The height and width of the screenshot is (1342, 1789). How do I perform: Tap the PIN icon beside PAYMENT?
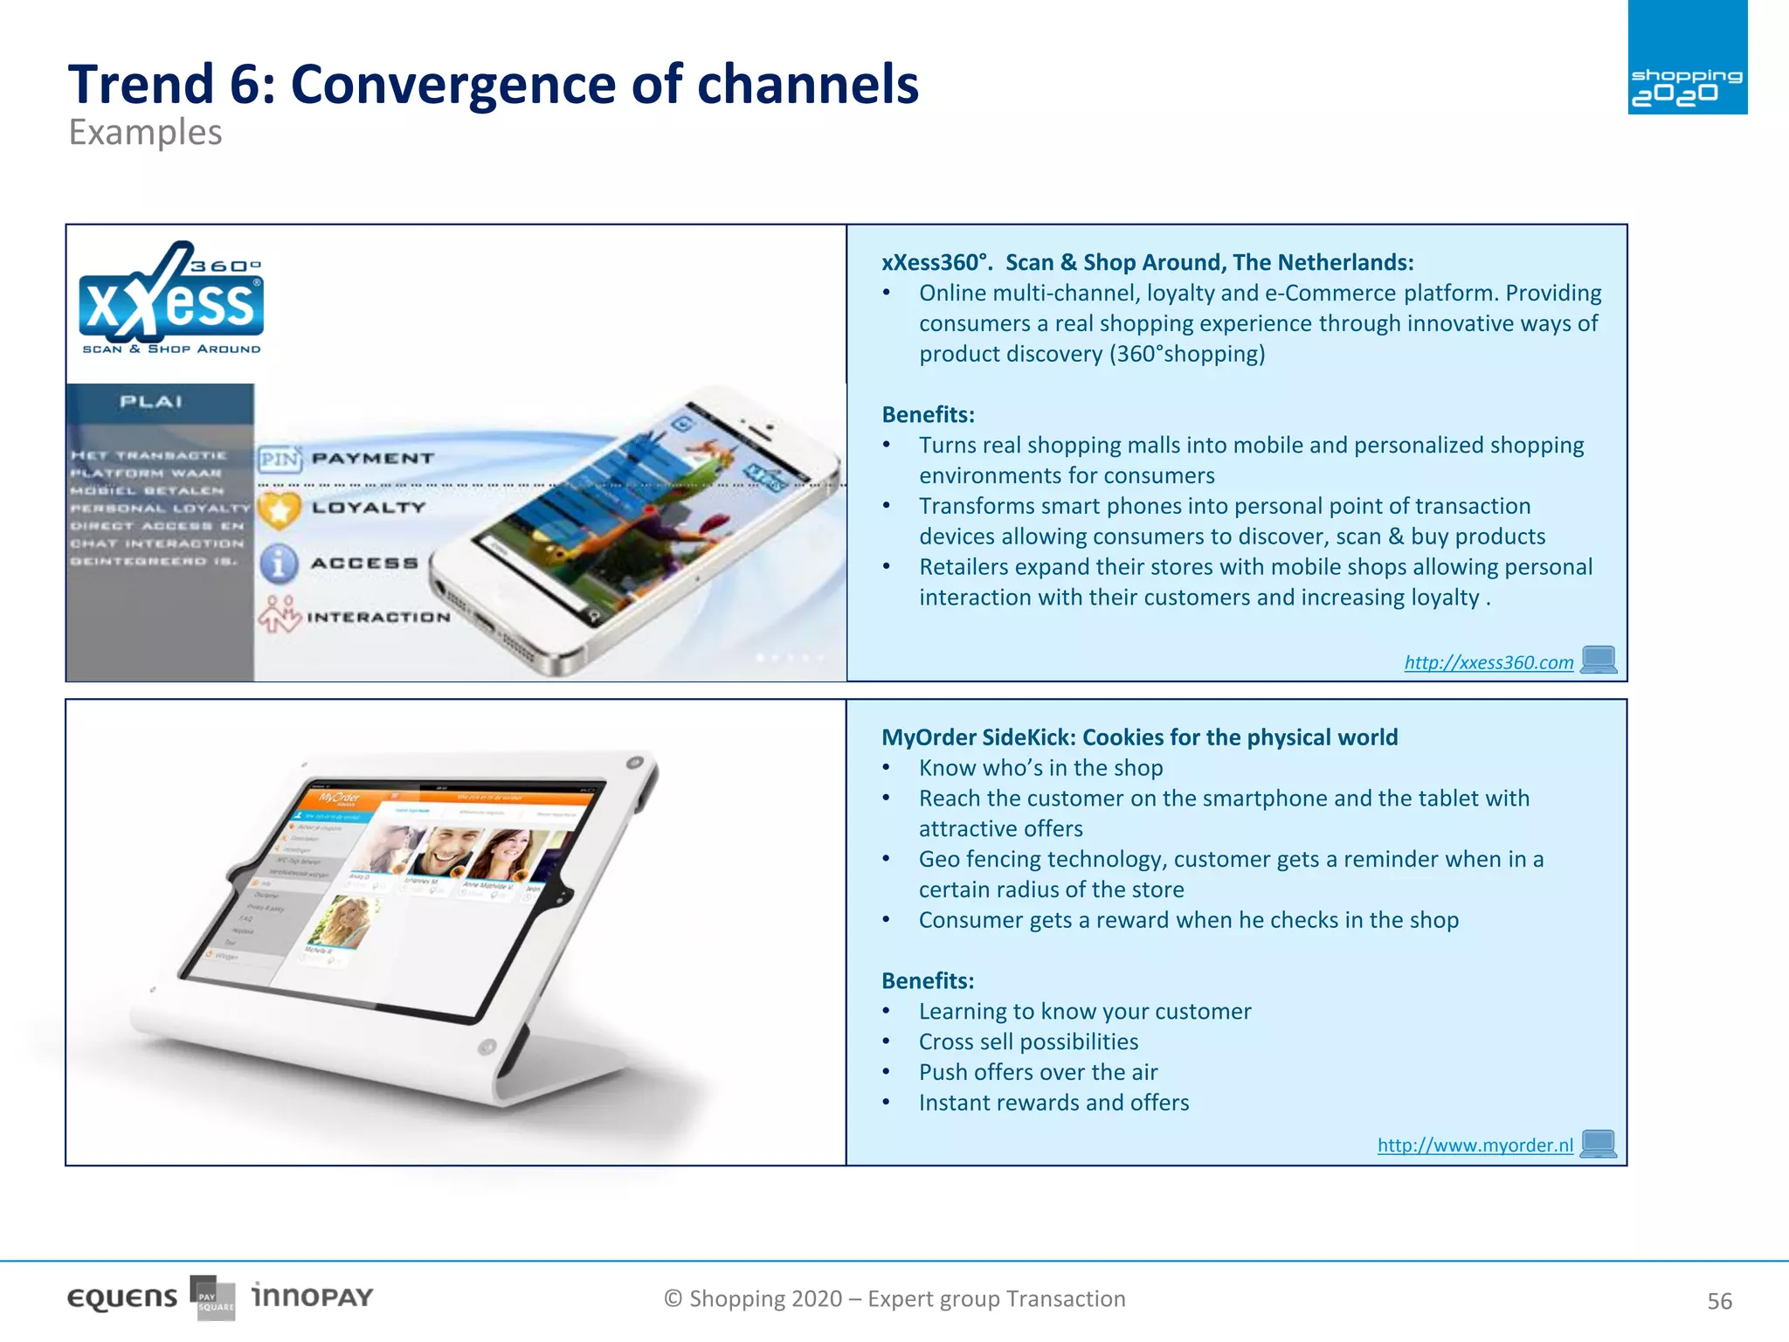coord(280,459)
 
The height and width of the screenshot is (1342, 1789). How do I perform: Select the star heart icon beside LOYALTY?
coord(280,509)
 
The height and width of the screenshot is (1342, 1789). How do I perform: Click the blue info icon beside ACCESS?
coord(279,564)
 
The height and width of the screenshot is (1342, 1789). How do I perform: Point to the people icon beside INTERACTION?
coord(280,615)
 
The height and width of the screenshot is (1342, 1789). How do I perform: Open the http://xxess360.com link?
coord(1488,662)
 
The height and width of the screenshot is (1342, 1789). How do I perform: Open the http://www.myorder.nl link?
coord(1475,1145)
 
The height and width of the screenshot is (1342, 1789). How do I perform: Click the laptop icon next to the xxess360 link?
coord(1599,660)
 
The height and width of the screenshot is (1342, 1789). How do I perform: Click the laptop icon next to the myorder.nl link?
coord(1599,1144)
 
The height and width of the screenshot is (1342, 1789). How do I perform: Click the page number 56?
coord(1718,1301)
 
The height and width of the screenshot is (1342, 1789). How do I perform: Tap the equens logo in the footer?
coord(122,1298)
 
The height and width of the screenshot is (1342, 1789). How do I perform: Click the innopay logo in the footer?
coord(312,1296)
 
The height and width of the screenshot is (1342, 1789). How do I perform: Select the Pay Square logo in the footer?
coord(213,1298)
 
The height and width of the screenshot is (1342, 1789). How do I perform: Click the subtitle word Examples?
coord(145,133)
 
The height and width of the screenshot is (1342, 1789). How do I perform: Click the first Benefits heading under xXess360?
coord(928,414)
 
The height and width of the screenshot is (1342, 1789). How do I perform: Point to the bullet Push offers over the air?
coord(1038,1072)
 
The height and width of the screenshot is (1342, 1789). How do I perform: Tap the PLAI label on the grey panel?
coord(151,402)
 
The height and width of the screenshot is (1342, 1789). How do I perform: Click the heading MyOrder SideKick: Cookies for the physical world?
coord(1139,737)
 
